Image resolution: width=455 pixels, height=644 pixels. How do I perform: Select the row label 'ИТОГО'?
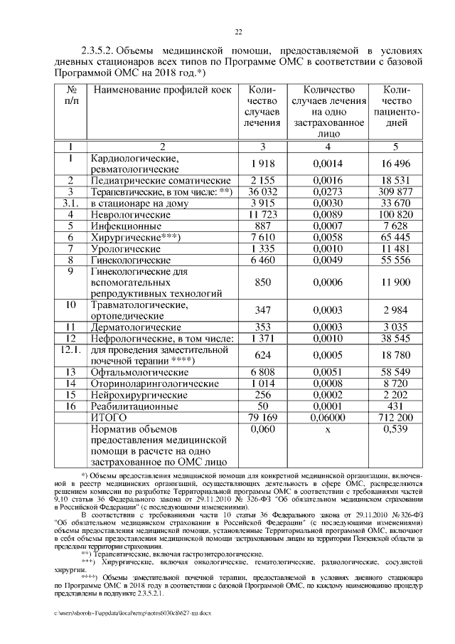(107, 417)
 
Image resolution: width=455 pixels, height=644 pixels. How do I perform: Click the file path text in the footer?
(131, 612)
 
